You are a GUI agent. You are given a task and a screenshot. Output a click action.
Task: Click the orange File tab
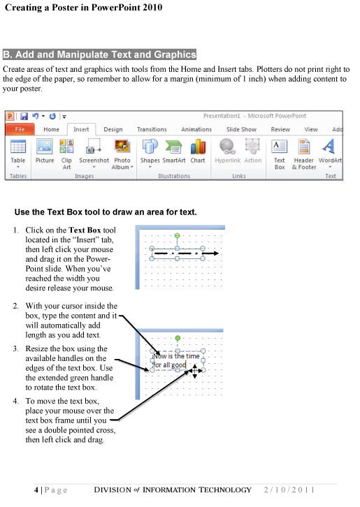coord(19,129)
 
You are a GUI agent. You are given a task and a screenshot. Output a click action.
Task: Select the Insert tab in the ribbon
coord(81,129)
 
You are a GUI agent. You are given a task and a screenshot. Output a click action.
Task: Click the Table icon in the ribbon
coord(18,147)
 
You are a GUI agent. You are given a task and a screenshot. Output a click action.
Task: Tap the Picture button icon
coord(44,146)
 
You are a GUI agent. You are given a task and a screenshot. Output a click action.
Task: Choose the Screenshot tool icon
coord(94,146)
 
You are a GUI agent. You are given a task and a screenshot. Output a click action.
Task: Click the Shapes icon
coord(150,146)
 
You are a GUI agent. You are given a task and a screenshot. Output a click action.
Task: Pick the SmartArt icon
coord(174,147)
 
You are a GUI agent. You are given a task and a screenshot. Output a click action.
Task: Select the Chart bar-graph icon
coord(198,147)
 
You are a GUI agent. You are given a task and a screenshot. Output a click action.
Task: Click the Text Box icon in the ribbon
coord(279,147)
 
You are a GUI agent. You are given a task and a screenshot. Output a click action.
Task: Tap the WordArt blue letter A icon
coord(329,146)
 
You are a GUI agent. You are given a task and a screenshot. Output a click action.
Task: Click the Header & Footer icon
coord(304,147)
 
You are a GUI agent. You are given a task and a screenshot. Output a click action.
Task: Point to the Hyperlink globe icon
coord(226,146)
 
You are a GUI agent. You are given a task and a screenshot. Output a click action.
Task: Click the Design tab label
coord(113,129)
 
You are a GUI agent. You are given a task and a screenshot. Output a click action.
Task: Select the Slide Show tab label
coord(241,129)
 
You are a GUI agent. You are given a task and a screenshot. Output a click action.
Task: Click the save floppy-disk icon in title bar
coord(24,117)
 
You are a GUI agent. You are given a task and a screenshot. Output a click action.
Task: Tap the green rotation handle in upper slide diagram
coord(177,236)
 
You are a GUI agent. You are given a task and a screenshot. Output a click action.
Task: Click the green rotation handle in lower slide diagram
coord(178,338)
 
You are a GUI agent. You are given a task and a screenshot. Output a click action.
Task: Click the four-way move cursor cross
coord(194,372)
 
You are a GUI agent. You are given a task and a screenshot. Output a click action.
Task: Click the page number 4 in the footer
coord(36,490)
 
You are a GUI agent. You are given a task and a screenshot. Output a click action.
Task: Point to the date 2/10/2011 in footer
coord(289,490)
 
